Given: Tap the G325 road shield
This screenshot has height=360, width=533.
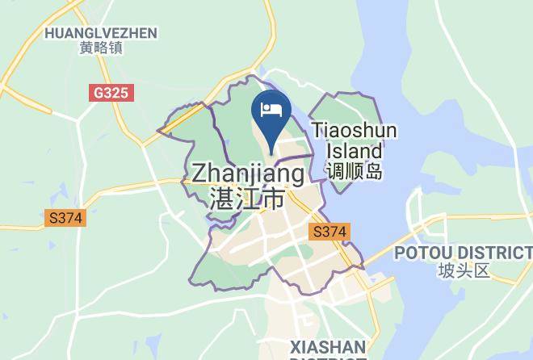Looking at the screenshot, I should click(x=111, y=93).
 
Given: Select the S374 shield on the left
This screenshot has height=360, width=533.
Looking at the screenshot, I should click(x=65, y=218).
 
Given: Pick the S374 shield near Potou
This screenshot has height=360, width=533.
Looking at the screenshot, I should click(x=329, y=232).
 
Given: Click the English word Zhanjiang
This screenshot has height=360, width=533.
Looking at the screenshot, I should click(x=248, y=174).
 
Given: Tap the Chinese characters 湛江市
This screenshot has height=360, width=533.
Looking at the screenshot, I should click(x=246, y=198).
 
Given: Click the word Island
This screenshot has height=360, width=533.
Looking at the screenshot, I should click(x=355, y=150).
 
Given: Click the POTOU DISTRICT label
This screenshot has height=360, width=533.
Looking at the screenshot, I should click(x=463, y=253).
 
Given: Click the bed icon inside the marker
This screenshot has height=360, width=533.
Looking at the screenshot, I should click(x=271, y=107).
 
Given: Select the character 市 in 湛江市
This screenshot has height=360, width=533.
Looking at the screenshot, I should click(x=275, y=198).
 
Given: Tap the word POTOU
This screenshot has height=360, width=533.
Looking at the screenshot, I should click(x=418, y=253).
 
